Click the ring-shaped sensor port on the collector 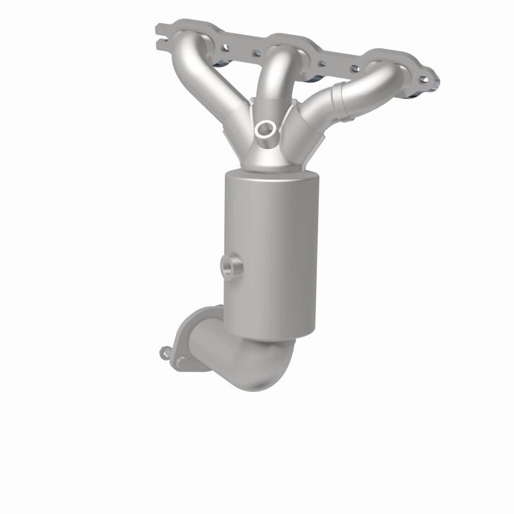[x=264, y=129]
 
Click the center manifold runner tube [x=276, y=74]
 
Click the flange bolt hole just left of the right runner [x=352, y=67]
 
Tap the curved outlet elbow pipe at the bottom [x=251, y=360]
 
